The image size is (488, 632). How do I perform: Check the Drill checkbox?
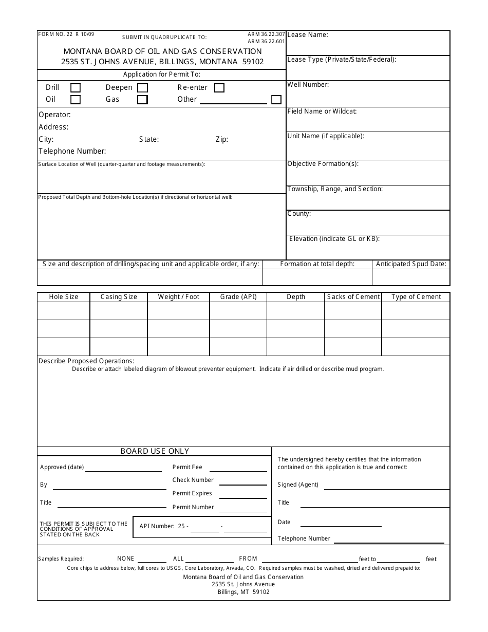click(x=76, y=88)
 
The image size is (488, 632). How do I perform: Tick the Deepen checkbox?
click(x=143, y=88)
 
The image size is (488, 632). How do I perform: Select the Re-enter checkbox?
click(x=219, y=88)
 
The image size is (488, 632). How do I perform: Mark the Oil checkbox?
click(x=76, y=100)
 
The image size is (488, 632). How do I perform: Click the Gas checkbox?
click(x=143, y=100)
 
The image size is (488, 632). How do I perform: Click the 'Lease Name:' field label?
click(x=308, y=35)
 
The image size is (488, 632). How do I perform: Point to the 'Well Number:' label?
click(x=308, y=85)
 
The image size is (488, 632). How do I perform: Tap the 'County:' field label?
click(x=299, y=214)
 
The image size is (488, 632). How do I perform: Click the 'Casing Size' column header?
click(x=119, y=297)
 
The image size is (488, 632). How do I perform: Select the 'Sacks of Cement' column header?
click(x=353, y=297)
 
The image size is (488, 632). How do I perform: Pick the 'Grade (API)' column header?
click(x=238, y=297)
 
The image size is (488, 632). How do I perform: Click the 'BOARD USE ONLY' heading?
click(x=155, y=451)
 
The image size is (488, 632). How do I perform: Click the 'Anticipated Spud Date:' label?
click(x=411, y=264)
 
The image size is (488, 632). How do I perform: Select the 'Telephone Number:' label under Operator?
click(x=72, y=152)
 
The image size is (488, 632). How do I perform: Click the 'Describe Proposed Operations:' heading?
click(x=86, y=361)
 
